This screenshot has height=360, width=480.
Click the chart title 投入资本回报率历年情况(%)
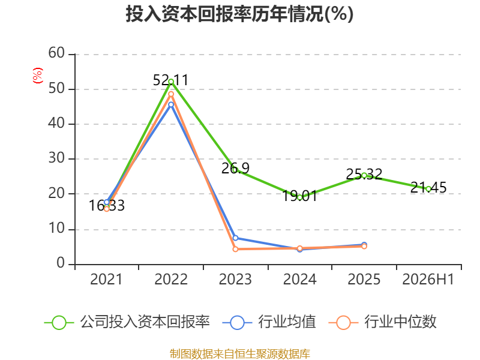[239, 14]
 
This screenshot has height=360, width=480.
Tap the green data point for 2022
[171, 82]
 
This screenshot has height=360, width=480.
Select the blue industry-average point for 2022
[171, 104]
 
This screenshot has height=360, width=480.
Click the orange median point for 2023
[235, 249]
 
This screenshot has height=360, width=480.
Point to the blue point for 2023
[235, 238]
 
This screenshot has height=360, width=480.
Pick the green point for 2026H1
[428, 189]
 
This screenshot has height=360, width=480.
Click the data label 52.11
[171, 80]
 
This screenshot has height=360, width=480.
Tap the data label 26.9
[235, 168]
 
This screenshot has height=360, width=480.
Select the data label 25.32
[364, 174]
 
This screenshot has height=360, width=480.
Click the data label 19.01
[299, 196]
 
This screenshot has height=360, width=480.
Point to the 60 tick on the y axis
[56, 53]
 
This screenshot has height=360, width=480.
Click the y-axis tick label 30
[56, 158]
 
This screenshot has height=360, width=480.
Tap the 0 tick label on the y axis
[61, 263]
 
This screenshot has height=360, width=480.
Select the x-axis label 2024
[299, 279]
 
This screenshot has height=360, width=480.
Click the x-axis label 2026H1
[428, 279]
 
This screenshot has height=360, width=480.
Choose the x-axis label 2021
[106, 279]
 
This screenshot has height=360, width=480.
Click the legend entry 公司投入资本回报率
[127, 322]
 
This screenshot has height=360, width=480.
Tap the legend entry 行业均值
[269, 322]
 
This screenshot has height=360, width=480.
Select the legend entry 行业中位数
[382, 322]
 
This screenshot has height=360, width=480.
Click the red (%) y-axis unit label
[38, 76]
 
